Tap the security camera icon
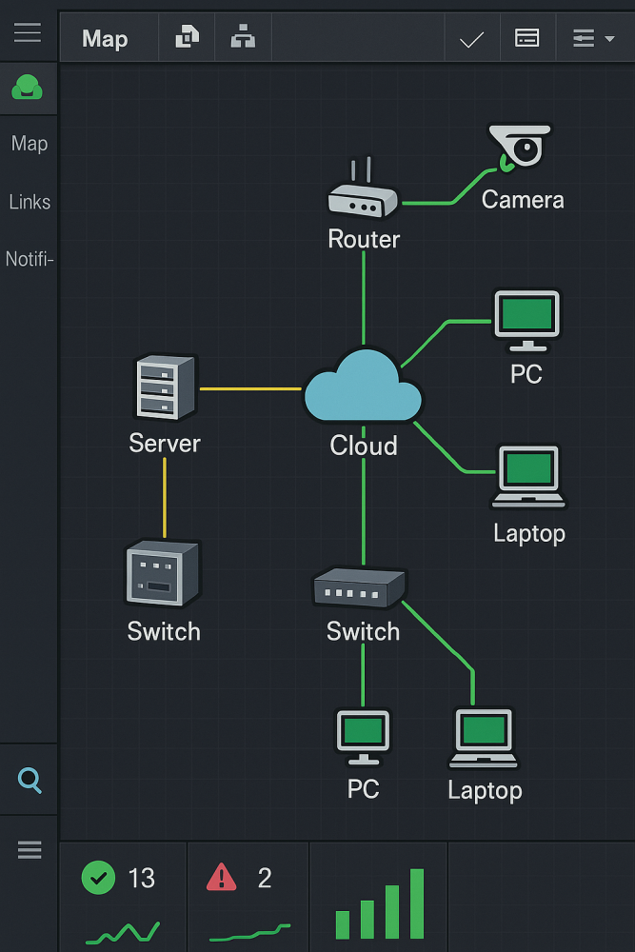point(520,146)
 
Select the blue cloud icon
point(363,387)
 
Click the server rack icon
point(166,387)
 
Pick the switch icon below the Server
point(163,573)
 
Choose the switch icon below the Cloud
point(360,588)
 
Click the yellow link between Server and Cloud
point(250,388)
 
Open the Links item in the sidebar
point(30,202)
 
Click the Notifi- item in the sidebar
point(30,259)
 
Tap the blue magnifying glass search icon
point(30,781)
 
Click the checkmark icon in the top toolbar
point(471,39)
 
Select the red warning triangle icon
point(221,877)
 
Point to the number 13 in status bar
point(141,878)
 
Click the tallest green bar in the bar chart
point(417,902)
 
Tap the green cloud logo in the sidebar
point(28,89)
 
